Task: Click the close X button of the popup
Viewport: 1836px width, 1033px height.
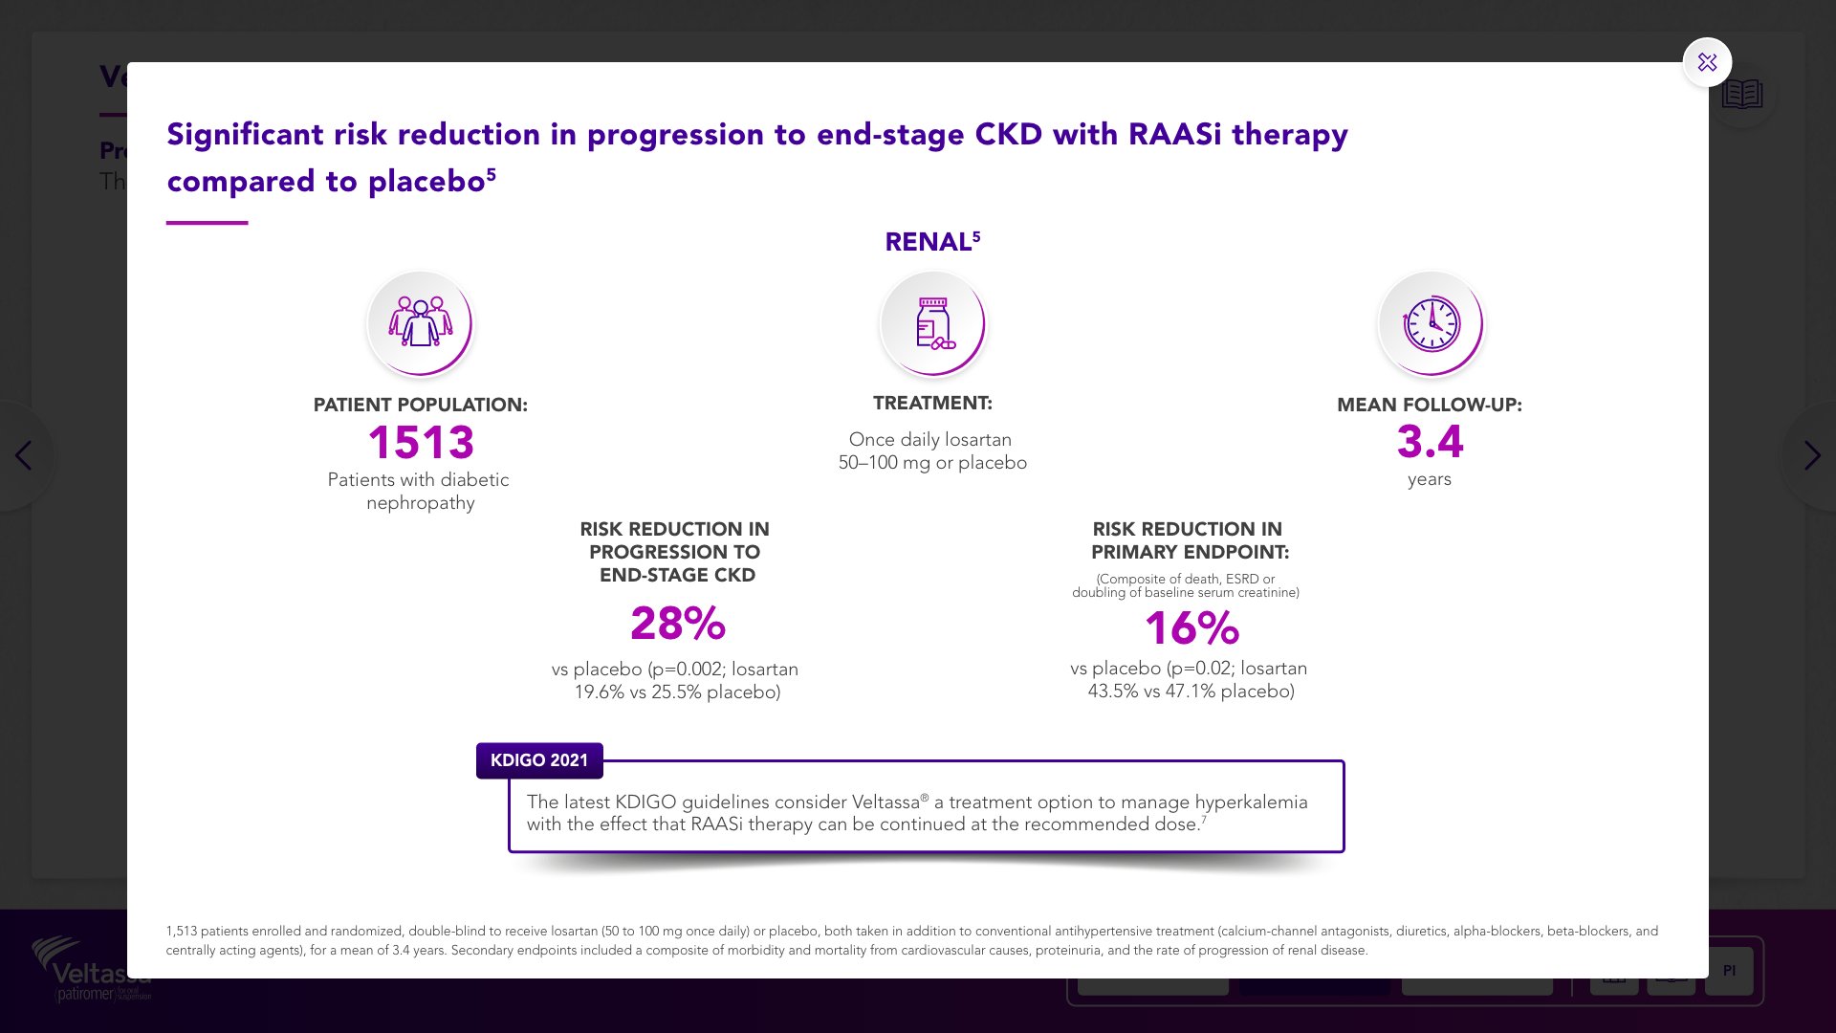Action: coord(1707,63)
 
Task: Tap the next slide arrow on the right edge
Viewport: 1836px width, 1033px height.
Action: coord(1811,456)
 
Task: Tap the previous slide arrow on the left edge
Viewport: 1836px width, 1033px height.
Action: coord(24,456)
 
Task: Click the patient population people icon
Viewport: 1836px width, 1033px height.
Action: coord(420,323)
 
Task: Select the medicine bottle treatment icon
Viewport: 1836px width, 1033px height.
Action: coord(932,323)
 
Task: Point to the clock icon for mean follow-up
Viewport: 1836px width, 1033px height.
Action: coord(1431,323)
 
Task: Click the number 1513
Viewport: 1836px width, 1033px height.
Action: coord(421,443)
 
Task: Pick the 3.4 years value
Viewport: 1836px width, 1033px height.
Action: coord(1430,442)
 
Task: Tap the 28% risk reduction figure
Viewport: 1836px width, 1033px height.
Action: coord(677,624)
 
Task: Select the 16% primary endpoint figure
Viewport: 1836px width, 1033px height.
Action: coord(1191,628)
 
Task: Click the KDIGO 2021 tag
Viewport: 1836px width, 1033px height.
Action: coord(539,760)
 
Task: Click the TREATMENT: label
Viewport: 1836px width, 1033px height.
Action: coord(932,404)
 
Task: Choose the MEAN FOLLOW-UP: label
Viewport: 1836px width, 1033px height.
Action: coord(1429,405)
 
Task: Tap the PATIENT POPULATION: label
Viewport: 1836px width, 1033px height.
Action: coord(420,405)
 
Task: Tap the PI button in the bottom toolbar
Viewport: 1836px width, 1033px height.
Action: coord(1729,971)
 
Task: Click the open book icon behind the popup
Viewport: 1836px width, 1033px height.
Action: coord(1741,95)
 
